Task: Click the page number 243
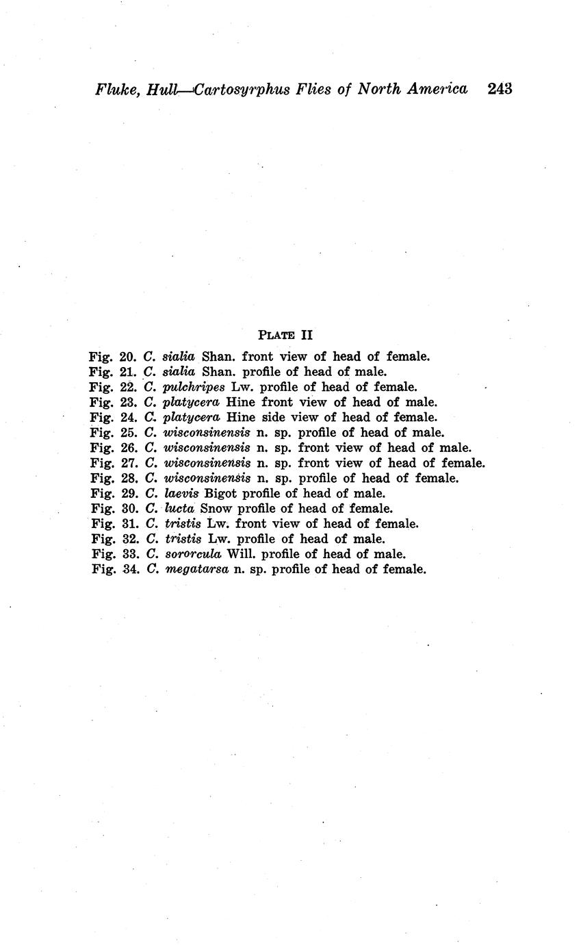(x=500, y=89)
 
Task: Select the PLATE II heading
(x=285, y=335)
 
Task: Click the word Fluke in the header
(x=118, y=90)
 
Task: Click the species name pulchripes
(x=194, y=387)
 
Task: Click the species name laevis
(x=181, y=493)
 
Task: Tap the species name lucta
(x=180, y=508)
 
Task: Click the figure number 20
(x=128, y=356)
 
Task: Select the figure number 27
(x=129, y=463)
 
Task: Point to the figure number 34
(x=130, y=569)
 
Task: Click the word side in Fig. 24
(x=274, y=417)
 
